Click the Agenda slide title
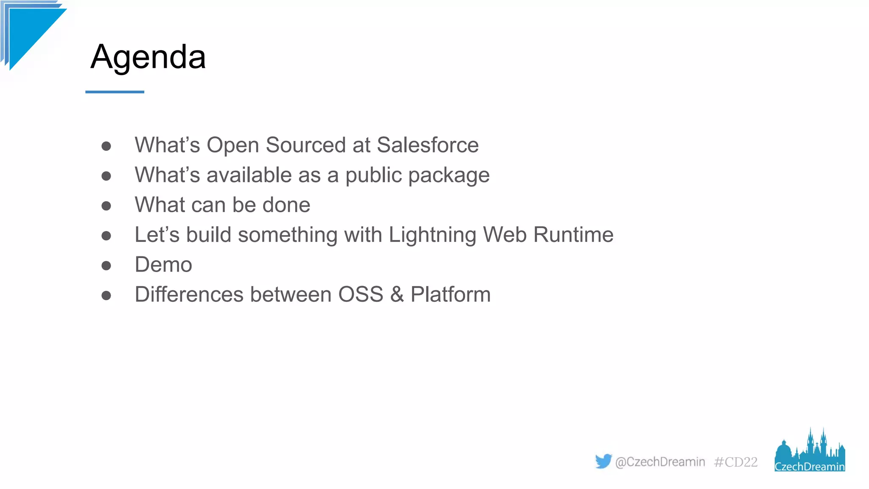coord(148,57)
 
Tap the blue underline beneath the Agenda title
coord(115,92)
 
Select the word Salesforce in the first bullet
coord(428,145)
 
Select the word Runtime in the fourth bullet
coord(573,235)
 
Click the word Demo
coord(163,265)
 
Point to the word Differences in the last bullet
coord(189,295)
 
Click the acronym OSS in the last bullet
coord(361,295)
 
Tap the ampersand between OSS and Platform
coord(397,295)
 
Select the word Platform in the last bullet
coord(451,295)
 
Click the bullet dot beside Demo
coord(106,266)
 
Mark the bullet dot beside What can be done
coord(106,206)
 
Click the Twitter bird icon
coord(603,461)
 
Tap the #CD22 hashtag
coord(736,462)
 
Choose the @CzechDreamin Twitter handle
coord(660,462)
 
